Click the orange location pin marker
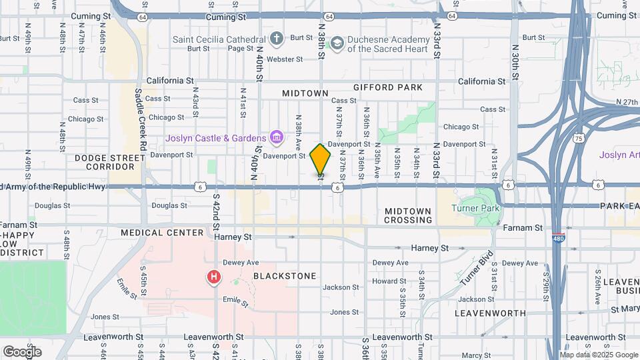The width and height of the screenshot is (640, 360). [x=321, y=159]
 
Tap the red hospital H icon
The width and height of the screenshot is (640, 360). [x=214, y=277]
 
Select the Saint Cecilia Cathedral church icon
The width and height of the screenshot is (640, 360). [x=277, y=39]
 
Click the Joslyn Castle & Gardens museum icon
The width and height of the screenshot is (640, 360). [x=275, y=138]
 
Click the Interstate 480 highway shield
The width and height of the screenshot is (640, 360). [x=558, y=238]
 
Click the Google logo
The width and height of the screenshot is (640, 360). [x=22, y=351]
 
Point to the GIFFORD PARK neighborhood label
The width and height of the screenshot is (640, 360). [x=388, y=87]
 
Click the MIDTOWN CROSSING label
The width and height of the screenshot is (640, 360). [x=408, y=215]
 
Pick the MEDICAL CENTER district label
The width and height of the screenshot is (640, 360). [x=162, y=233]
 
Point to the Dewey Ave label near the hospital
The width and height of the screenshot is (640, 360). [x=241, y=263]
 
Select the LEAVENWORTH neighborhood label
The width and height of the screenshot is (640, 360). [x=490, y=313]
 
